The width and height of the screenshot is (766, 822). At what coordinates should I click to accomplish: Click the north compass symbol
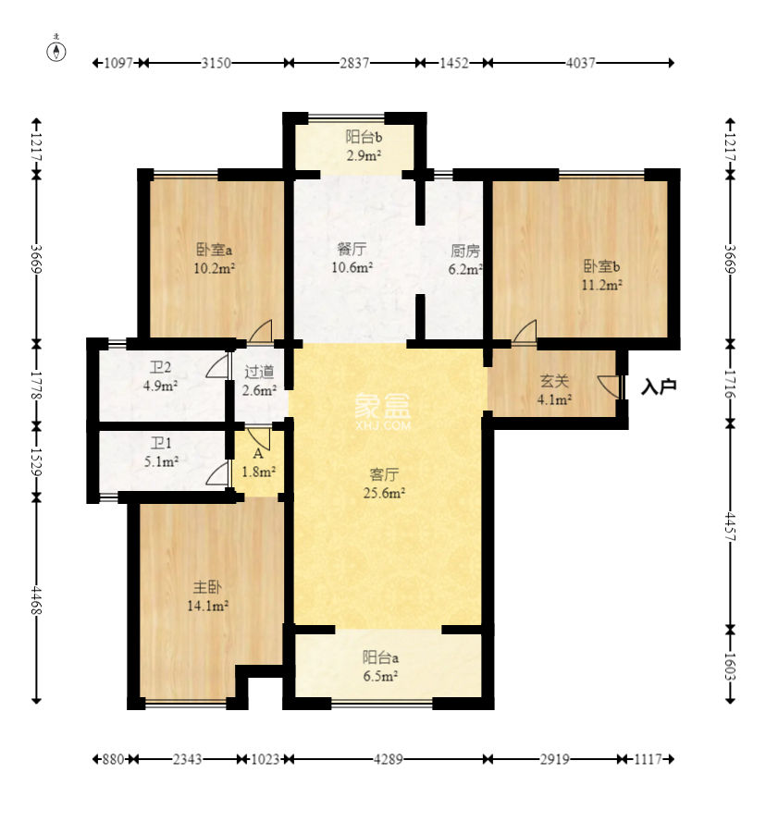(56, 51)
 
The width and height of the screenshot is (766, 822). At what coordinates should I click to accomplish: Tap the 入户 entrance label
(659, 387)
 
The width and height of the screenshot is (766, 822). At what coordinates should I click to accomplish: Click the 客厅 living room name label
(384, 475)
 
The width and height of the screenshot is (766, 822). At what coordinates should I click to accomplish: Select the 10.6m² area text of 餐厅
(352, 267)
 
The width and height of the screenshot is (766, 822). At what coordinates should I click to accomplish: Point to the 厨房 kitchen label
(465, 252)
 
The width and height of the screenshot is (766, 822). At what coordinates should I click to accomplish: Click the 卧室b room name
(601, 266)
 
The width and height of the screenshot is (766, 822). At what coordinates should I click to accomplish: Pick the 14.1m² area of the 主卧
(208, 606)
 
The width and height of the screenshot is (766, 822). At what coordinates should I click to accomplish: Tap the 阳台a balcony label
(380, 657)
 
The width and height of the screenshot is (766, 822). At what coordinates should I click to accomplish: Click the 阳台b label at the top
(364, 138)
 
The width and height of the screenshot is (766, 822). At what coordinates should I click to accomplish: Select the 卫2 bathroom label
(161, 367)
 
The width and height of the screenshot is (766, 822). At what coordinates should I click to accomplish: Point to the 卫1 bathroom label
(161, 444)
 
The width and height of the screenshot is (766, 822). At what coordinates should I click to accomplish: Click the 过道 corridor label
(259, 372)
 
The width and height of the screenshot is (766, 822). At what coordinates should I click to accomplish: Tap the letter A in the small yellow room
(258, 454)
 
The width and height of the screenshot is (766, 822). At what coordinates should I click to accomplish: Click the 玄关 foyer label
(554, 381)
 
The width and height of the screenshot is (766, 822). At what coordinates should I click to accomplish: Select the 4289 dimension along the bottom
(389, 759)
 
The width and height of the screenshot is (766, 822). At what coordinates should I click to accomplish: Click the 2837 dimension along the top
(354, 63)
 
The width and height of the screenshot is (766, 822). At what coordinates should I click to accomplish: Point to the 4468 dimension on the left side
(36, 600)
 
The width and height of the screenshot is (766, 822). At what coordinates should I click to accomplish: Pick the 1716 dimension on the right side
(730, 384)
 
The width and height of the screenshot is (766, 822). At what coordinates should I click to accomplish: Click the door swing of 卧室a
(261, 331)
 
